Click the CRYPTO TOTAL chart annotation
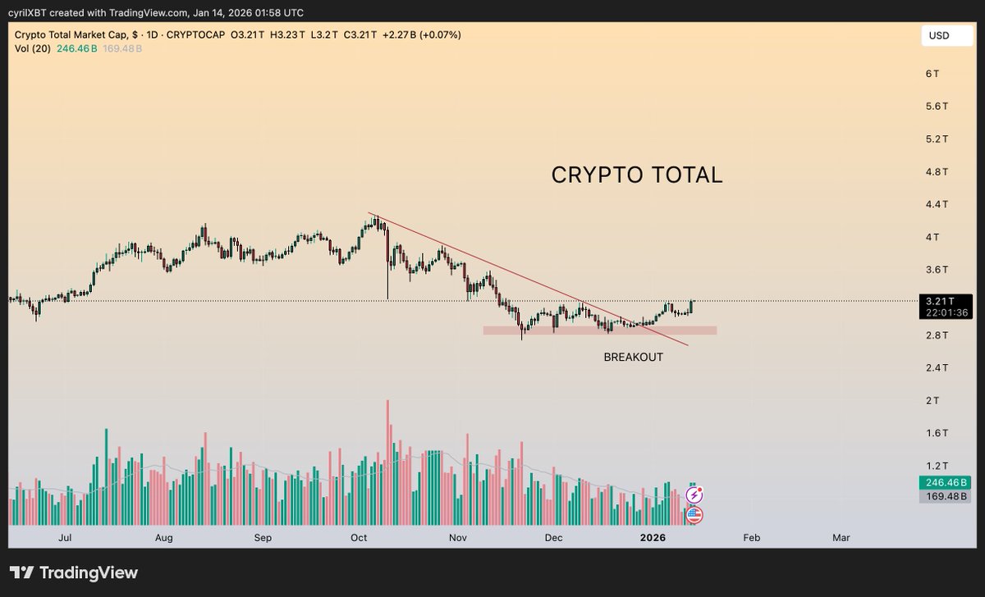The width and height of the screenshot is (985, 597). point(636,175)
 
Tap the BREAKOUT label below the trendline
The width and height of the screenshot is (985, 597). point(633,358)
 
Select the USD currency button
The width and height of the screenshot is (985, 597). point(939,35)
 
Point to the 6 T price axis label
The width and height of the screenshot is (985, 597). point(932,74)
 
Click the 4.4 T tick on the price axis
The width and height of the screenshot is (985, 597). point(937,204)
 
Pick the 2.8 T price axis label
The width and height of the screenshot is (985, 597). point(937,335)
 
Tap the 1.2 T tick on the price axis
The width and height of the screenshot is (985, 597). point(937,465)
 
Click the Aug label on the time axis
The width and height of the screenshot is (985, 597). point(163,538)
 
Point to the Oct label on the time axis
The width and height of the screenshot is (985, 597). point(358,538)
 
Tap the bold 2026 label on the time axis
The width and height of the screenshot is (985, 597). point(653,538)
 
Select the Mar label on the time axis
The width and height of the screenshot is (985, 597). point(841,538)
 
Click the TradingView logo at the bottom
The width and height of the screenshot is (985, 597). point(74,572)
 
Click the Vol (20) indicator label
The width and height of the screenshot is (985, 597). point(32,48)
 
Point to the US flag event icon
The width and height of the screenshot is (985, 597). point(694,515)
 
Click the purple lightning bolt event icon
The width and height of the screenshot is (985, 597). point(694,495)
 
